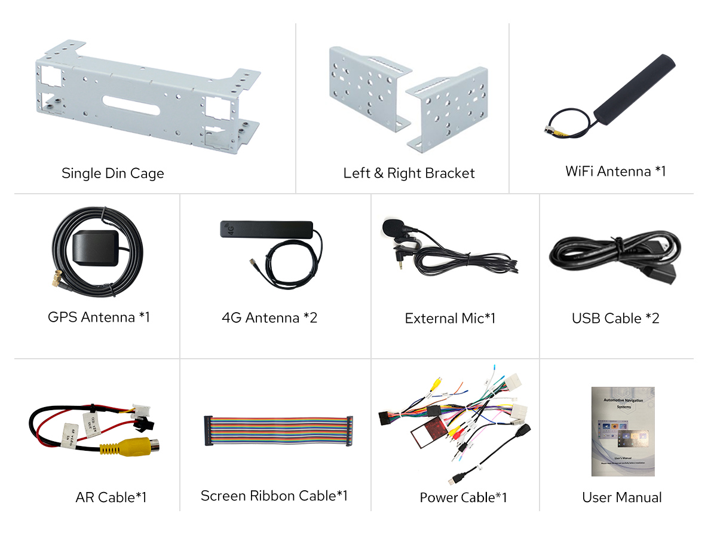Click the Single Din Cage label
(112, 173)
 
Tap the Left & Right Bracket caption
(409, 173)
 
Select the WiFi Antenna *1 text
(615, 172)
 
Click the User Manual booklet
(623, 431)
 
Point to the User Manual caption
(621, 497)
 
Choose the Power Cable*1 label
(463, 497)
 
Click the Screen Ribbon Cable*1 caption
(274, 496)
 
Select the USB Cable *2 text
(615, 318)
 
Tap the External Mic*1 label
(450, 318)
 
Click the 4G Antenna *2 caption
(269, 317)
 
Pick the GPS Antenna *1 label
(99, 317)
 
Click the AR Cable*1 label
(111, 497)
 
